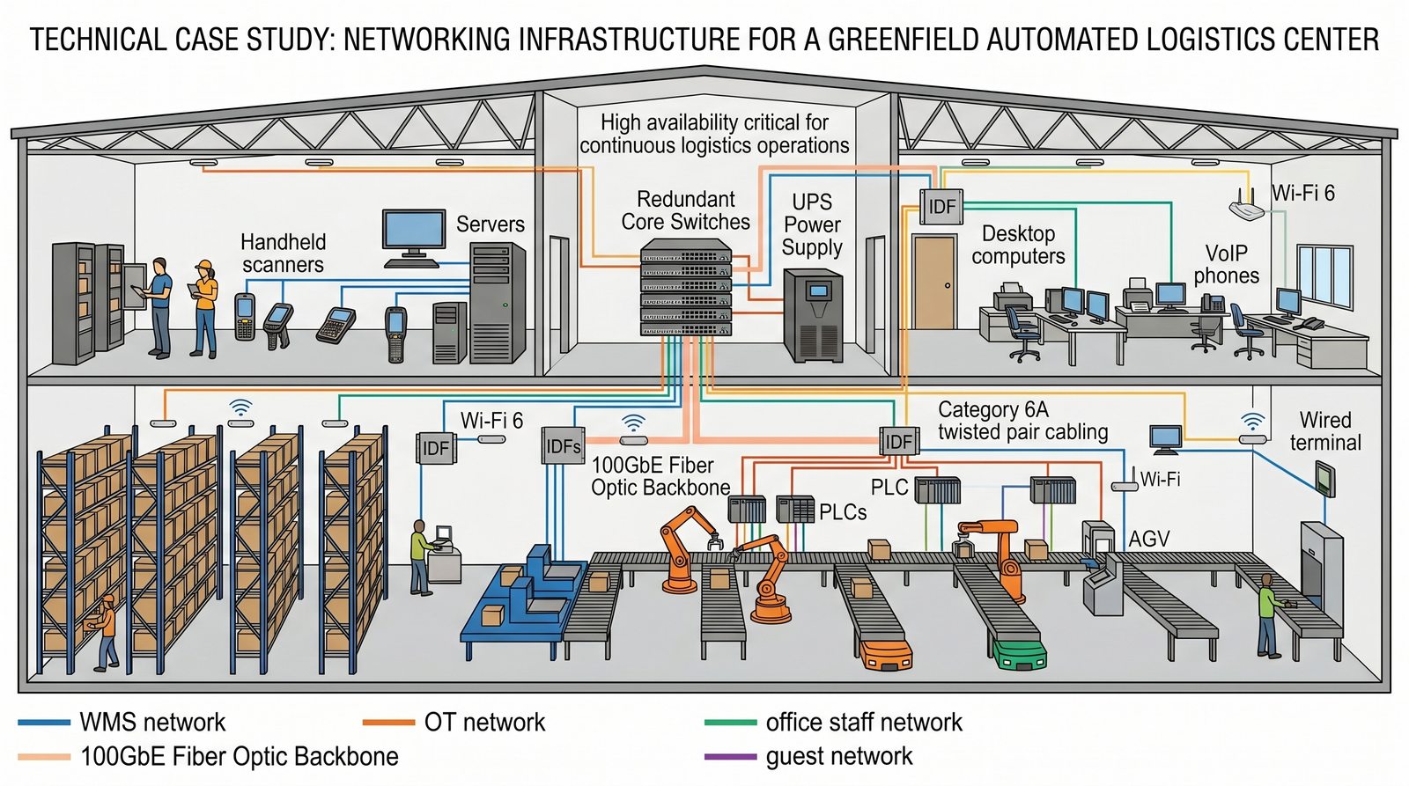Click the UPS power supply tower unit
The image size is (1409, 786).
click(x=813, y=315)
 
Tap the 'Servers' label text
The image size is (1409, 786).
click(x=490, y=224)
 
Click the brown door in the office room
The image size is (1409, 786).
click(x=933, y=282)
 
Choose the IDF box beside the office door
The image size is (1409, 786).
click(x=941, y=207)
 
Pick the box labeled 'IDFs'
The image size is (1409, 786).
click(x=563, y=446)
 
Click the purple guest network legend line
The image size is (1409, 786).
click(x=731, y=756)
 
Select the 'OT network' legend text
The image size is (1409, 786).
click(x=484, y=723)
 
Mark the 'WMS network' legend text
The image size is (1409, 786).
click(x=152, y=723)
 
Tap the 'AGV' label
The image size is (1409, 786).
click(x=1148, y=539)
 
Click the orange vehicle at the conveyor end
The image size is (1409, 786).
click(x=884, y=654)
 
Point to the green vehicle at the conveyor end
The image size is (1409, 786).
click(x=1019, y=654)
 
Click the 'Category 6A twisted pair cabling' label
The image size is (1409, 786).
click(x=1022, y=421)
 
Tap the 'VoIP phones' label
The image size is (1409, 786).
click(x=1226, y=264)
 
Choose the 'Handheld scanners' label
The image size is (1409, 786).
click(x=283, y=253)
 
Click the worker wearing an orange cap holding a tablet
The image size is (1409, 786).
click(x=204, y=308)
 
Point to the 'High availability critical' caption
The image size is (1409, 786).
click(x=714, y=134)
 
